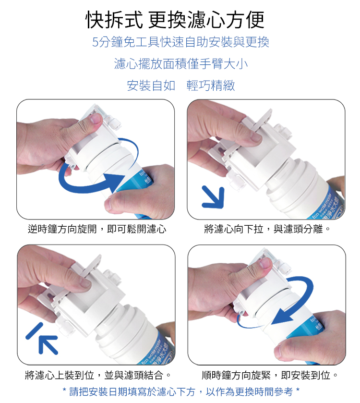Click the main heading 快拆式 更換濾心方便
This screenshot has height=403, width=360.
(175, 20)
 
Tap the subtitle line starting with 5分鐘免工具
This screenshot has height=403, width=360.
(180, 42)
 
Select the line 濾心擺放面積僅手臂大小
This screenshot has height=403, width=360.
(181, 64)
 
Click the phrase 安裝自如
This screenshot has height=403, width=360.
(151, 85)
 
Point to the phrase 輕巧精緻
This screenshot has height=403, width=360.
(211, 85)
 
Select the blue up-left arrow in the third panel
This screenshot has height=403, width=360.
(42, 339)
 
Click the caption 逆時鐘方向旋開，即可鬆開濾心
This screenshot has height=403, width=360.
(97, 229)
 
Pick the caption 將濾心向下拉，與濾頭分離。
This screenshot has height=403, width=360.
(267, 229)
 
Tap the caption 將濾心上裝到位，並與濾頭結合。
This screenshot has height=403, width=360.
(98, 375)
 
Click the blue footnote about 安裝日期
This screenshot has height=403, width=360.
(181, 391)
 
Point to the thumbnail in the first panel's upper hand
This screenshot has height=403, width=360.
(95, 119)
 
